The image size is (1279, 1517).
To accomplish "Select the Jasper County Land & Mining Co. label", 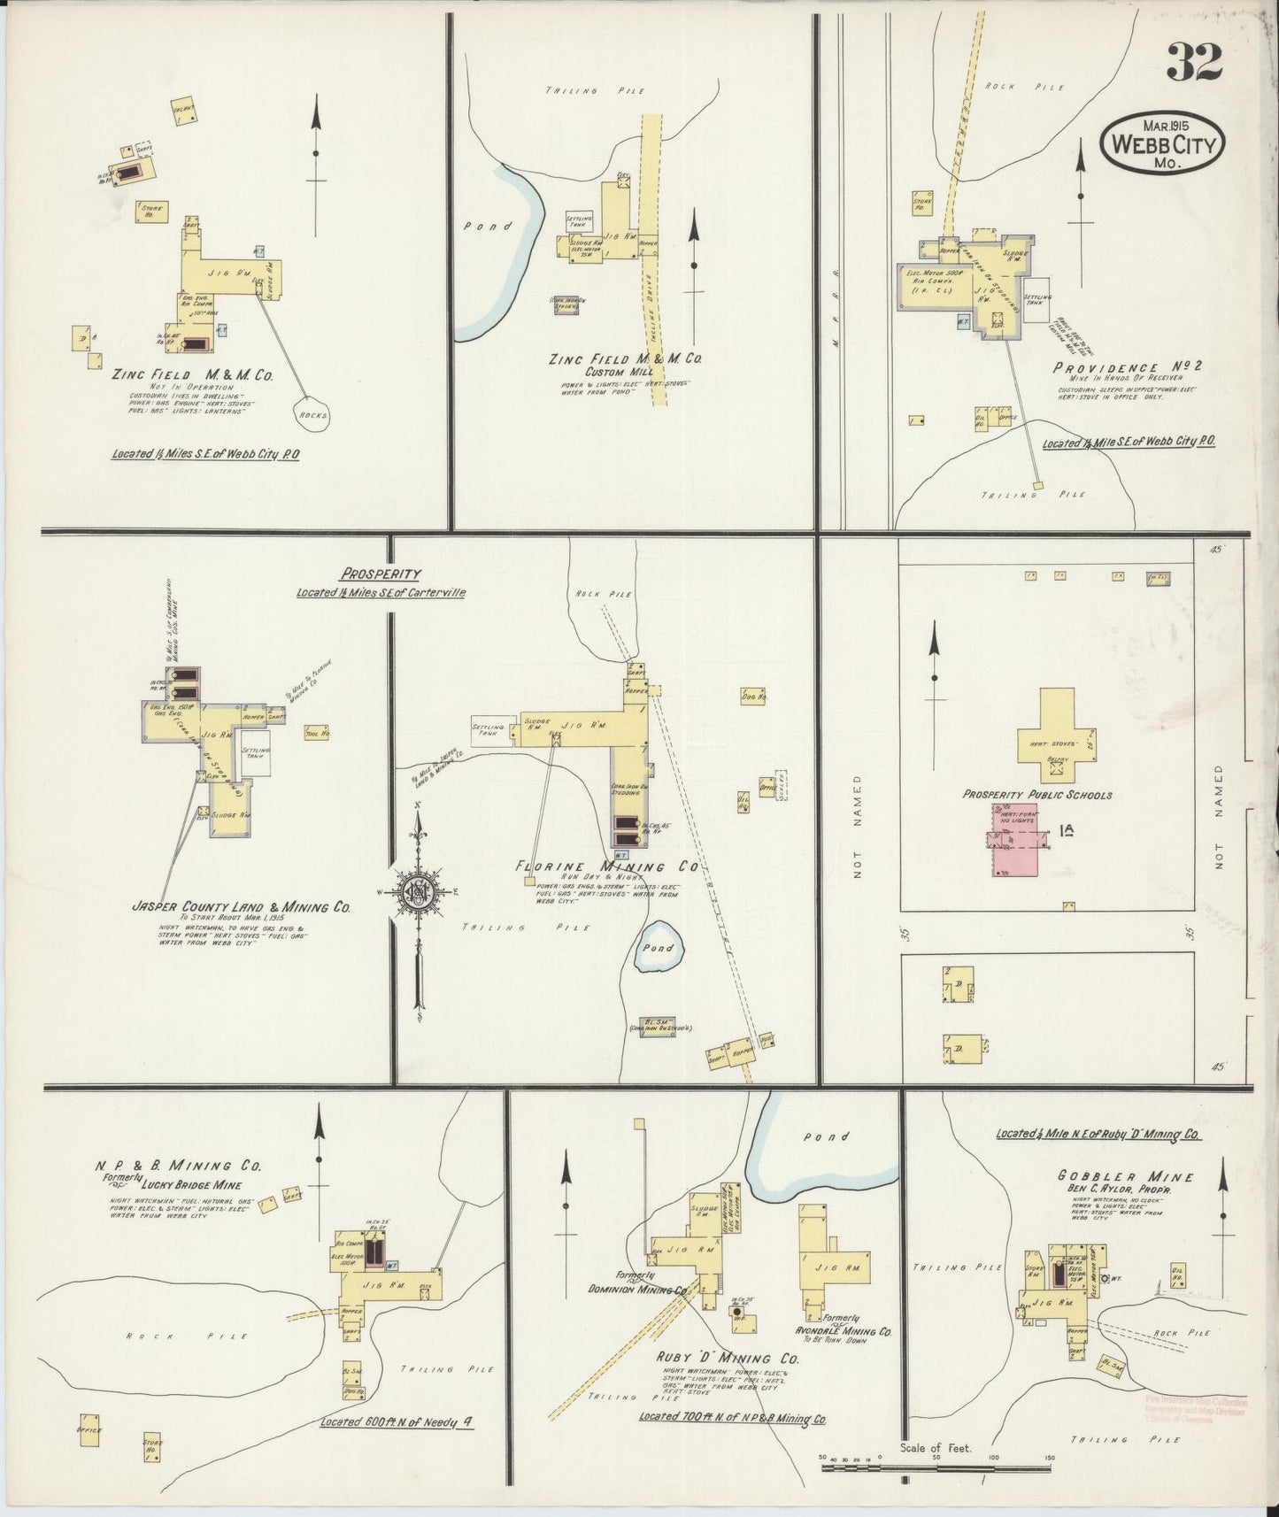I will (x=240, y=907).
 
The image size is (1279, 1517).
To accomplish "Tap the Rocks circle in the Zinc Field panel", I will (x=312, y=414).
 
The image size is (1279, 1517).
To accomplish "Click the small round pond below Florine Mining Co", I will (x=659, y=947).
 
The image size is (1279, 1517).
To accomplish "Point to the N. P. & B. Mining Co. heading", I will (x=178, y=1167).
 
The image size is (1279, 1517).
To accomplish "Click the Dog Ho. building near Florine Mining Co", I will (x=751, y=696).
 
